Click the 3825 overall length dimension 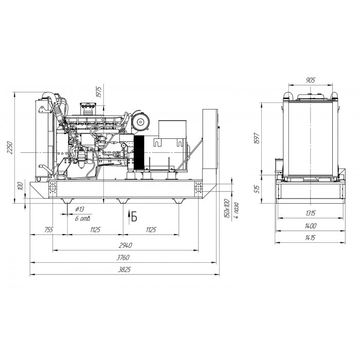(x=124, y=269)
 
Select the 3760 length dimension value (x=123, y=258)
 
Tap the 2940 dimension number (x=125, y=245)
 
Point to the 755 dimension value (x=49, y=229)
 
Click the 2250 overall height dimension (x=10, y=148)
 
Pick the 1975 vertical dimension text (x=99, y=92)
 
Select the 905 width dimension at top (x=311, y=80)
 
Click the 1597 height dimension (x=257, y=138)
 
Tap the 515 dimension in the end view (x=257, y=189)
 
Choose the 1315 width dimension (x=310, y=213)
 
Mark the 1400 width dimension (x=310, y=226)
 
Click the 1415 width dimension (x=310, y=238)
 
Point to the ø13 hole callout (x=80, y=209)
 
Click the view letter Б (x=134, y=217)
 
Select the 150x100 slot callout (x=227, y=209)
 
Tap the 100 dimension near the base (x=21, y=186)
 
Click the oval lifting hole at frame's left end (x=52, y=188)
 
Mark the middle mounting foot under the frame (x=123, y=201)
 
